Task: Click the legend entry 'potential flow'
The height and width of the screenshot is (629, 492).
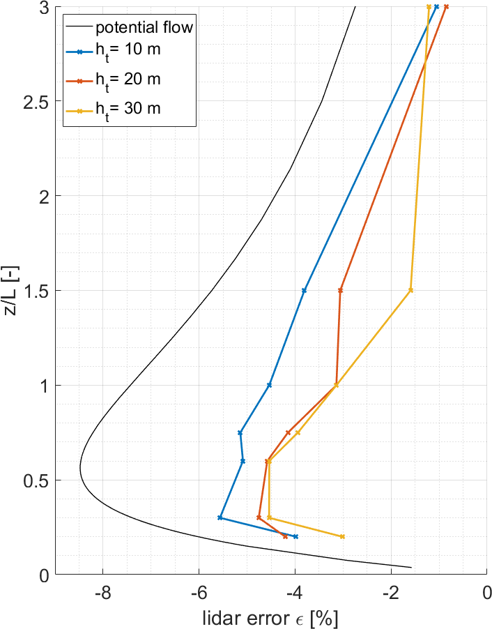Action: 144,28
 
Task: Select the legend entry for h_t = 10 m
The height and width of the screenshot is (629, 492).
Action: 128,51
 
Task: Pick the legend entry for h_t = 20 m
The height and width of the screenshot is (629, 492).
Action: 128,80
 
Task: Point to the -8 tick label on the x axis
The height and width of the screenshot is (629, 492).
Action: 103,593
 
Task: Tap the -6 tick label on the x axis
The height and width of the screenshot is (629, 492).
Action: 199,593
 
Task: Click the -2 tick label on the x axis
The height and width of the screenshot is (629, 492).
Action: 391,593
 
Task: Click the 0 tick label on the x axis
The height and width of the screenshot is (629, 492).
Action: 487,593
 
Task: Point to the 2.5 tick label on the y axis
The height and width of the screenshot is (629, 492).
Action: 36,101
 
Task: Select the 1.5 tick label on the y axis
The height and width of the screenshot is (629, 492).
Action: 36,291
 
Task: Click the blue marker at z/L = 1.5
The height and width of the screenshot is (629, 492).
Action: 304,290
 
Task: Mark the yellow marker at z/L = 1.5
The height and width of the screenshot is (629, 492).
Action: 411,290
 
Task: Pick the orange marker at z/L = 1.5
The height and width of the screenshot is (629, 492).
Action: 341,290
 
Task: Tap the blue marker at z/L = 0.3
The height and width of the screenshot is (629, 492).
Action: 220,517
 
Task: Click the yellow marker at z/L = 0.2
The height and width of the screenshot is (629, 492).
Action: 342,536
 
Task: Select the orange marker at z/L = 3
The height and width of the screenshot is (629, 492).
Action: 446,7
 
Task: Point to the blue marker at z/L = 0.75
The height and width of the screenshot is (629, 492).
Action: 240,432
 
